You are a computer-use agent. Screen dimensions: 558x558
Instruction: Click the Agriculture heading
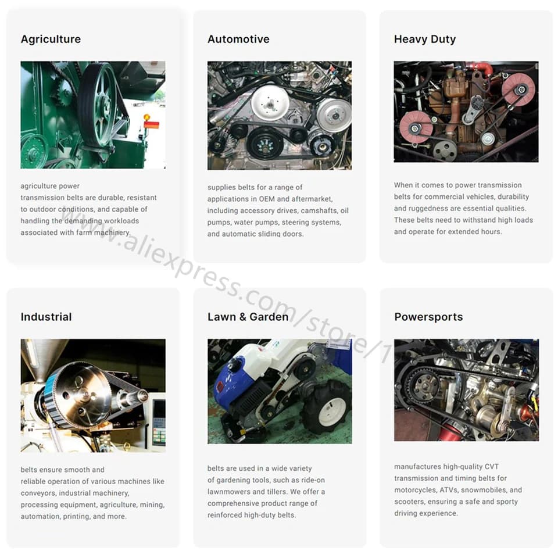point(51,39)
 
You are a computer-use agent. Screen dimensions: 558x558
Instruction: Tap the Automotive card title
point(238,39)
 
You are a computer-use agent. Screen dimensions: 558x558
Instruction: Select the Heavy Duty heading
point(425,39)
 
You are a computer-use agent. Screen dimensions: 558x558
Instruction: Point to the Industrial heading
point(46,317)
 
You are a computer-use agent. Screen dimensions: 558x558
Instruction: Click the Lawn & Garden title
point(248,317)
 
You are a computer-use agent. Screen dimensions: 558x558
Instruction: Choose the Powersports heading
point(429,317)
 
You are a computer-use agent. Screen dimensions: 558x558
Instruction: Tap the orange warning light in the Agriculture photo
point(146,117)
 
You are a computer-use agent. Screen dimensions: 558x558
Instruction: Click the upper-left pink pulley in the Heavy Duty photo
point(416,127)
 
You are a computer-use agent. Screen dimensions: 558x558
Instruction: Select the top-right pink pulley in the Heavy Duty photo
point(518,90)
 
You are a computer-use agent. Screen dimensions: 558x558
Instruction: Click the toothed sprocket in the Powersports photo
point(425,386)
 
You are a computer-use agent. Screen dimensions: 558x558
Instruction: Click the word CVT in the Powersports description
point(492,467)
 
